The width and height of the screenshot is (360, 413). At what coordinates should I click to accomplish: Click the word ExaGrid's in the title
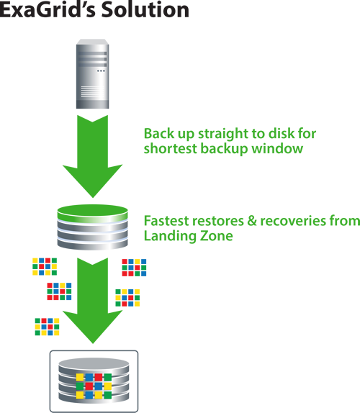48,10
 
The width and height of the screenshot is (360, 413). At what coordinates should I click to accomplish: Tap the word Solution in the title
145,10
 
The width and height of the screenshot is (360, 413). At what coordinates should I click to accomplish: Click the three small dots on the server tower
101,71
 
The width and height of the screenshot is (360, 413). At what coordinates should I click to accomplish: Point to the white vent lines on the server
92,92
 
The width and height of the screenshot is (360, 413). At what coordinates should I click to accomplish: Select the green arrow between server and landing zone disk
92,155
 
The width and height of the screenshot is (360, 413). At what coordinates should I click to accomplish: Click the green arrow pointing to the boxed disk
92,300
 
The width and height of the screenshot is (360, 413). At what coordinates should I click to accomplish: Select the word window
277,148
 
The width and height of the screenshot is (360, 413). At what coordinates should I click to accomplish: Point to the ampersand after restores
252,221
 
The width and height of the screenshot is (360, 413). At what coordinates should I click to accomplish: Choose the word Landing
170,236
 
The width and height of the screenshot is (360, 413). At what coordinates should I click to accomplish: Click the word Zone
217,236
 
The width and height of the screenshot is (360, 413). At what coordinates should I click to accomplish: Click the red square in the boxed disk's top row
99,377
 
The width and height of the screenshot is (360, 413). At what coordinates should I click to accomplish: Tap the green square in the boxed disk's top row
108,377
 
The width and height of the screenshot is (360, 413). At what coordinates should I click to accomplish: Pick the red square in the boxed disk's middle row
89,386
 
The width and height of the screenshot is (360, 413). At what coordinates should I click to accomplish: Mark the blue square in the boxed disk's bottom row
89,395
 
